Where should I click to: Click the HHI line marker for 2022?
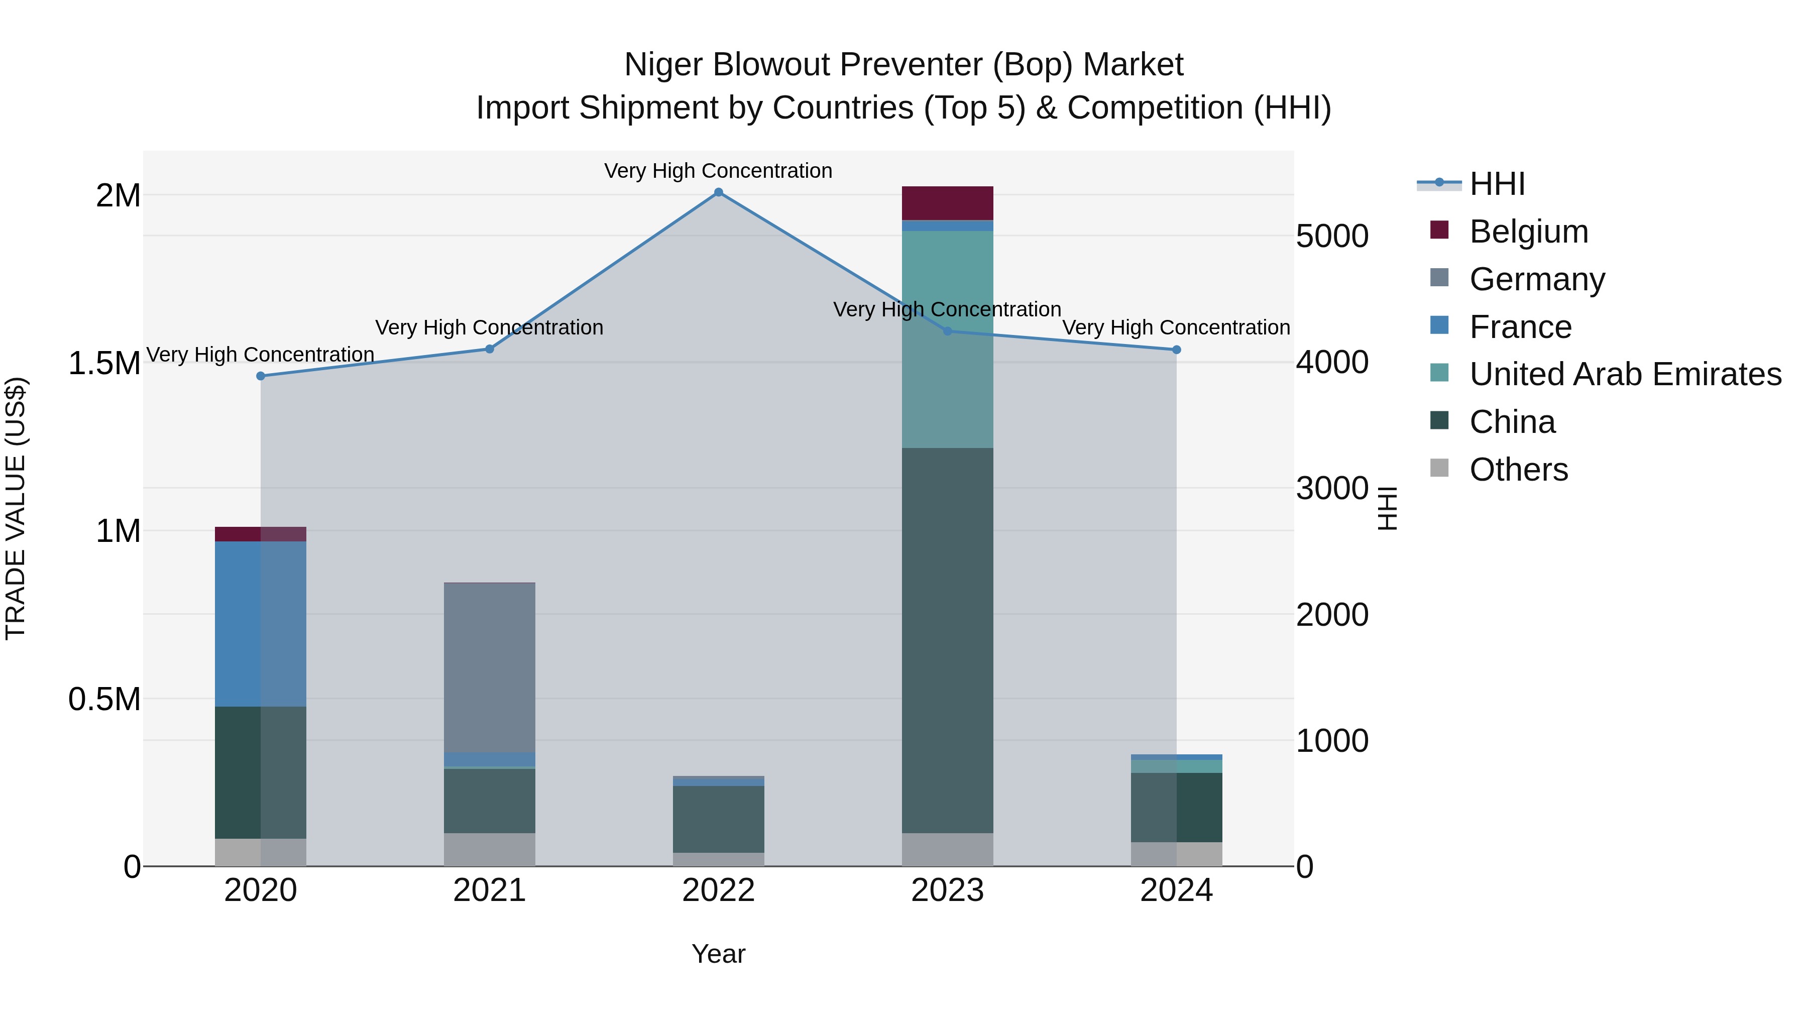pos(718,192)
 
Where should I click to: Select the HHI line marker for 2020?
pos(260,376)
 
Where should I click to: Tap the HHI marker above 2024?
pos(1176,350)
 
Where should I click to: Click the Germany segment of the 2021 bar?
pos(489,667)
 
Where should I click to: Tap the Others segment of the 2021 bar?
pos(489,849)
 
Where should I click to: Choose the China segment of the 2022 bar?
pos(718,819)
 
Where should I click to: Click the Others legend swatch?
pos(1439,468)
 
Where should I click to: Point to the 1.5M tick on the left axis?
pos(104,364)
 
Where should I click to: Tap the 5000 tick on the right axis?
pos(1331,237)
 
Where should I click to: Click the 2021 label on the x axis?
pos(489,890)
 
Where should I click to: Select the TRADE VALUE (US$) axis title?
pos(16,508)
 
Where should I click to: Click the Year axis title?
pos(718,954)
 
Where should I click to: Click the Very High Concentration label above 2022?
pos(718,171)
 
